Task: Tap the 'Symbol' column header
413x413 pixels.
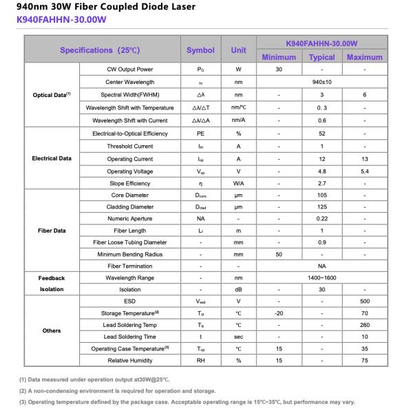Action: pyautogui.click(x=200, y=50)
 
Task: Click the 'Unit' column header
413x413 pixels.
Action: pyautogui.click(x=238, y=50)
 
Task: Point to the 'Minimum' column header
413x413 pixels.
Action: pyautogui.click(x=279, y=57)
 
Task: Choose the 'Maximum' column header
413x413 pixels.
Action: pyautogui.click(x=364, y=57)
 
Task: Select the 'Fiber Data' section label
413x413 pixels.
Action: pyautogui.click(x=52, y=231)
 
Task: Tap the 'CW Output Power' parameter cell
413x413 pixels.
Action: pyautogui.click(x=129, y=70)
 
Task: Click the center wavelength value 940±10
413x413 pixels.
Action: pyautogui.click(x=321, y=82)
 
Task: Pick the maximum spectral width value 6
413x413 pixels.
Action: pyautogui.click(x=364, y=94)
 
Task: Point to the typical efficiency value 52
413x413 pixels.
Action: pyautogui.click(x=321, y=134)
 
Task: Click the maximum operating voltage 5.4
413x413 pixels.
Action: pyautogui.click(x=364, y=171)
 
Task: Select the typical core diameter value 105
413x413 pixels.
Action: pyautogui.click(x=321, y=195)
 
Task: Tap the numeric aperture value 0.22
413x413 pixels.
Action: pyautogui.click(x=321, y=218)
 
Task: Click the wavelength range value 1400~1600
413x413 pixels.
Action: pyautogui.click(x=321, y=278)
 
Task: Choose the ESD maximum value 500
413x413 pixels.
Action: pyautogui.click(x=364, y=301)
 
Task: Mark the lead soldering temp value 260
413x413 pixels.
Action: pyautogui.click(x=364, y=325)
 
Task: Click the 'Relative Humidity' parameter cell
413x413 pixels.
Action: pyautogui.click(x=129, y=360)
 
